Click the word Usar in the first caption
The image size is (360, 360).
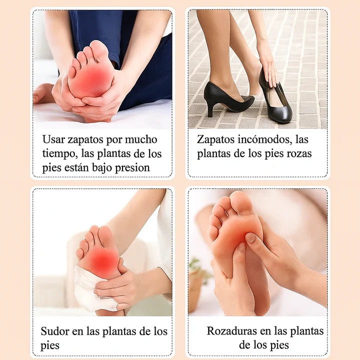53,139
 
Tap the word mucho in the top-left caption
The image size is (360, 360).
141,139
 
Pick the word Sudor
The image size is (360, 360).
55,331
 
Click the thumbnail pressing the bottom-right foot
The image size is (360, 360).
250,238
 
